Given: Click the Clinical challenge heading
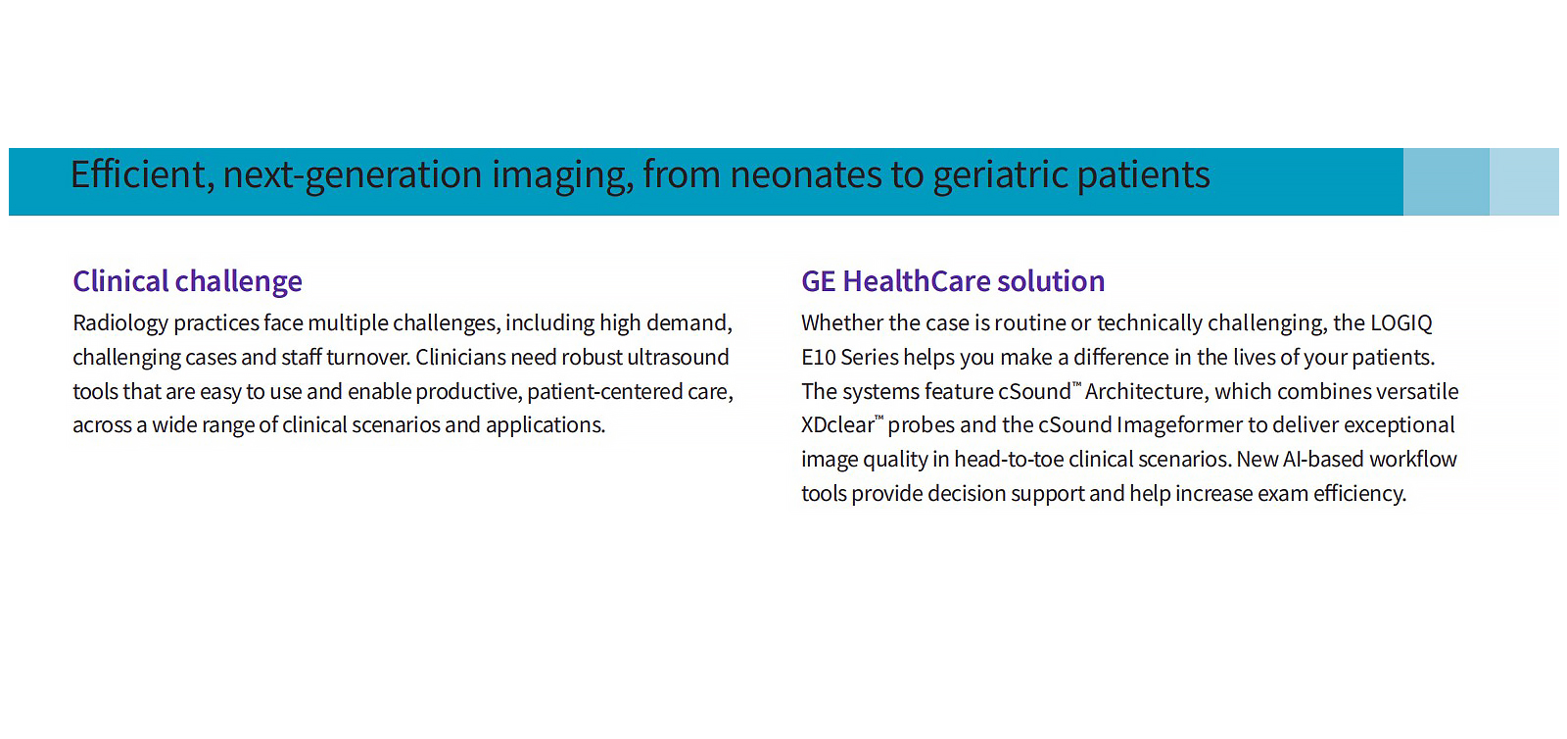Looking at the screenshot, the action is click(187, 282).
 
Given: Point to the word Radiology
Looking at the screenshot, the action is click(120, 323).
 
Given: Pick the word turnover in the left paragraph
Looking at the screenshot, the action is click(367, 357).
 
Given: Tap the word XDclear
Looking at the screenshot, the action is click(837, 425).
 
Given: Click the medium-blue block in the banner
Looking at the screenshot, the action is click(1446, 182).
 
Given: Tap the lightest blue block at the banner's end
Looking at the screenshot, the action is click(1524, 182).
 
